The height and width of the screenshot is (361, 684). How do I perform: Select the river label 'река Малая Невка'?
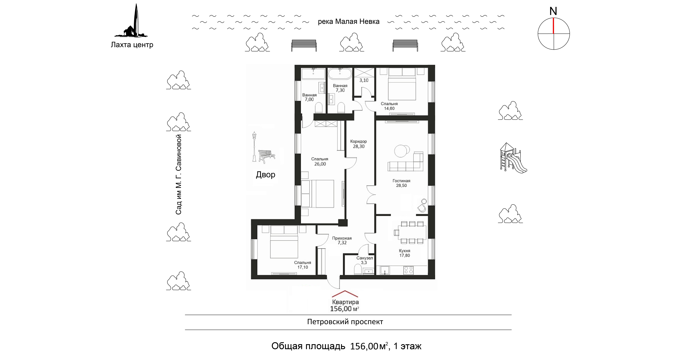pyautogui.click(x=348, y=21)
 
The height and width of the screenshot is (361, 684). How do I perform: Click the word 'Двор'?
pyautogui.click(x=265, y=175)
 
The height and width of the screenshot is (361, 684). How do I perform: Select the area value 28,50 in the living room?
pyautogui.click(x=401, y=186)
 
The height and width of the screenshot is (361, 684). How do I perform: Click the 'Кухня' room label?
pyautogui.click(x=404, y=251)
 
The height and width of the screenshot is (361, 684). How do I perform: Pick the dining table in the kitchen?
pyautogui.click(x=412, y=232)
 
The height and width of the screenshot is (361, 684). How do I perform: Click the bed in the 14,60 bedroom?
pyautogui.click(x=402, y=88)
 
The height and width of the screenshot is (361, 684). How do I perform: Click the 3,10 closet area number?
pyautogui.click(x=364, y=80)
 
